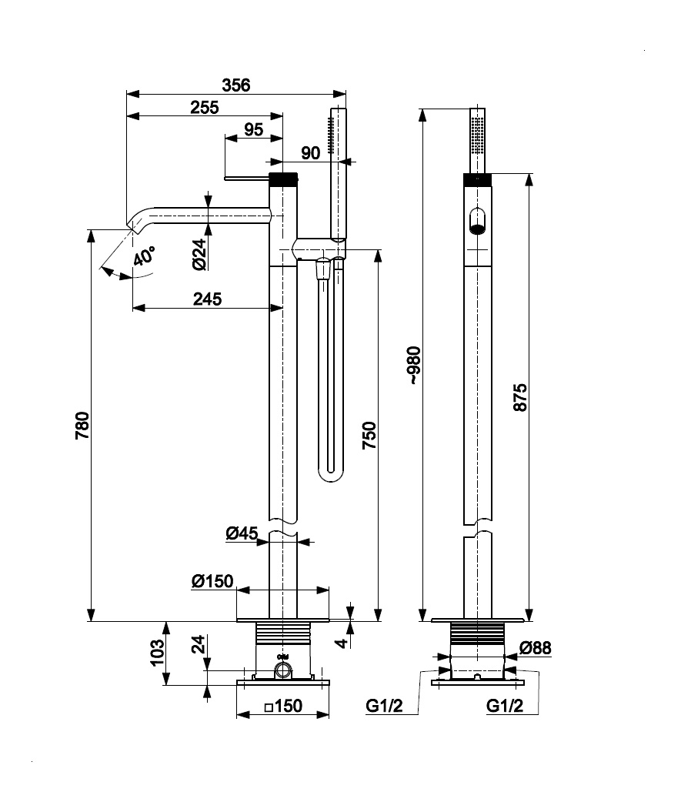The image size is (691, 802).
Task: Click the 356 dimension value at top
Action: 236,85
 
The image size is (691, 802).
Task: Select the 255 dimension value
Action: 204,109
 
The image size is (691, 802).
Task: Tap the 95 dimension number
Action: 254,130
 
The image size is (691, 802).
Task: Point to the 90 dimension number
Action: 310,153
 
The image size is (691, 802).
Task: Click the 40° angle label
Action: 143,256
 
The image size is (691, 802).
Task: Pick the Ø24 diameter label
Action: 199,253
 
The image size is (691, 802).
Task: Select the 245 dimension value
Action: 207,299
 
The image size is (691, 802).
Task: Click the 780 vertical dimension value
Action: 82,425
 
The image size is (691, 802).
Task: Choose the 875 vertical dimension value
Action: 520,396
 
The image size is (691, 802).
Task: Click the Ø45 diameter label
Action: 241,533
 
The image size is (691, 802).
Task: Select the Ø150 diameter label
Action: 212,581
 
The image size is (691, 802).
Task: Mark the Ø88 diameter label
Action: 535,649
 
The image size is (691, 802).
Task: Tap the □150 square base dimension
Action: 282,706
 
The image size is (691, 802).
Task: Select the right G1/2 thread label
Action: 505,706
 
